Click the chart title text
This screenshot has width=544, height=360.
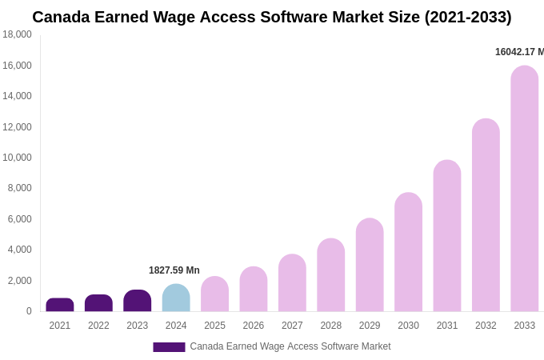(272, 17)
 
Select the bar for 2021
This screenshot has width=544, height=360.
(60, 305)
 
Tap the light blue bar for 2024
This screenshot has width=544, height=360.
(176, 298)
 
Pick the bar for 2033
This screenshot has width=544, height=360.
(525, 189)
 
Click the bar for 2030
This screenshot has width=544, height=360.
(408, 252)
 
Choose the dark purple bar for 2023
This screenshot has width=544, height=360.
(138, 301)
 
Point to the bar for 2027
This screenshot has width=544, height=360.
(292, 283)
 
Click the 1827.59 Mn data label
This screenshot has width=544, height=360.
(174, 270)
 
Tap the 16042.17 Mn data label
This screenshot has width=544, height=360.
(518, 52)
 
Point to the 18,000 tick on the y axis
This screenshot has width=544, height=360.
(18, 34)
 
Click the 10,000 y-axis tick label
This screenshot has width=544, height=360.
(18, 158)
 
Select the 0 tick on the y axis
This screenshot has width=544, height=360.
(29, 311)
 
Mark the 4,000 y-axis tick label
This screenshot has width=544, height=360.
(20, 250)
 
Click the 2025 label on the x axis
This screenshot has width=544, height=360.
(214, 326)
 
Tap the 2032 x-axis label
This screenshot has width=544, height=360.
(486, 326)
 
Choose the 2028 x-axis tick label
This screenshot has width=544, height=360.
(330, 326)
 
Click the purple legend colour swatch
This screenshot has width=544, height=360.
(169, 347)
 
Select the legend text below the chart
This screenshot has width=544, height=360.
(290, 346)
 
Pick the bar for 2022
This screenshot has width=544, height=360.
(98, 303)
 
